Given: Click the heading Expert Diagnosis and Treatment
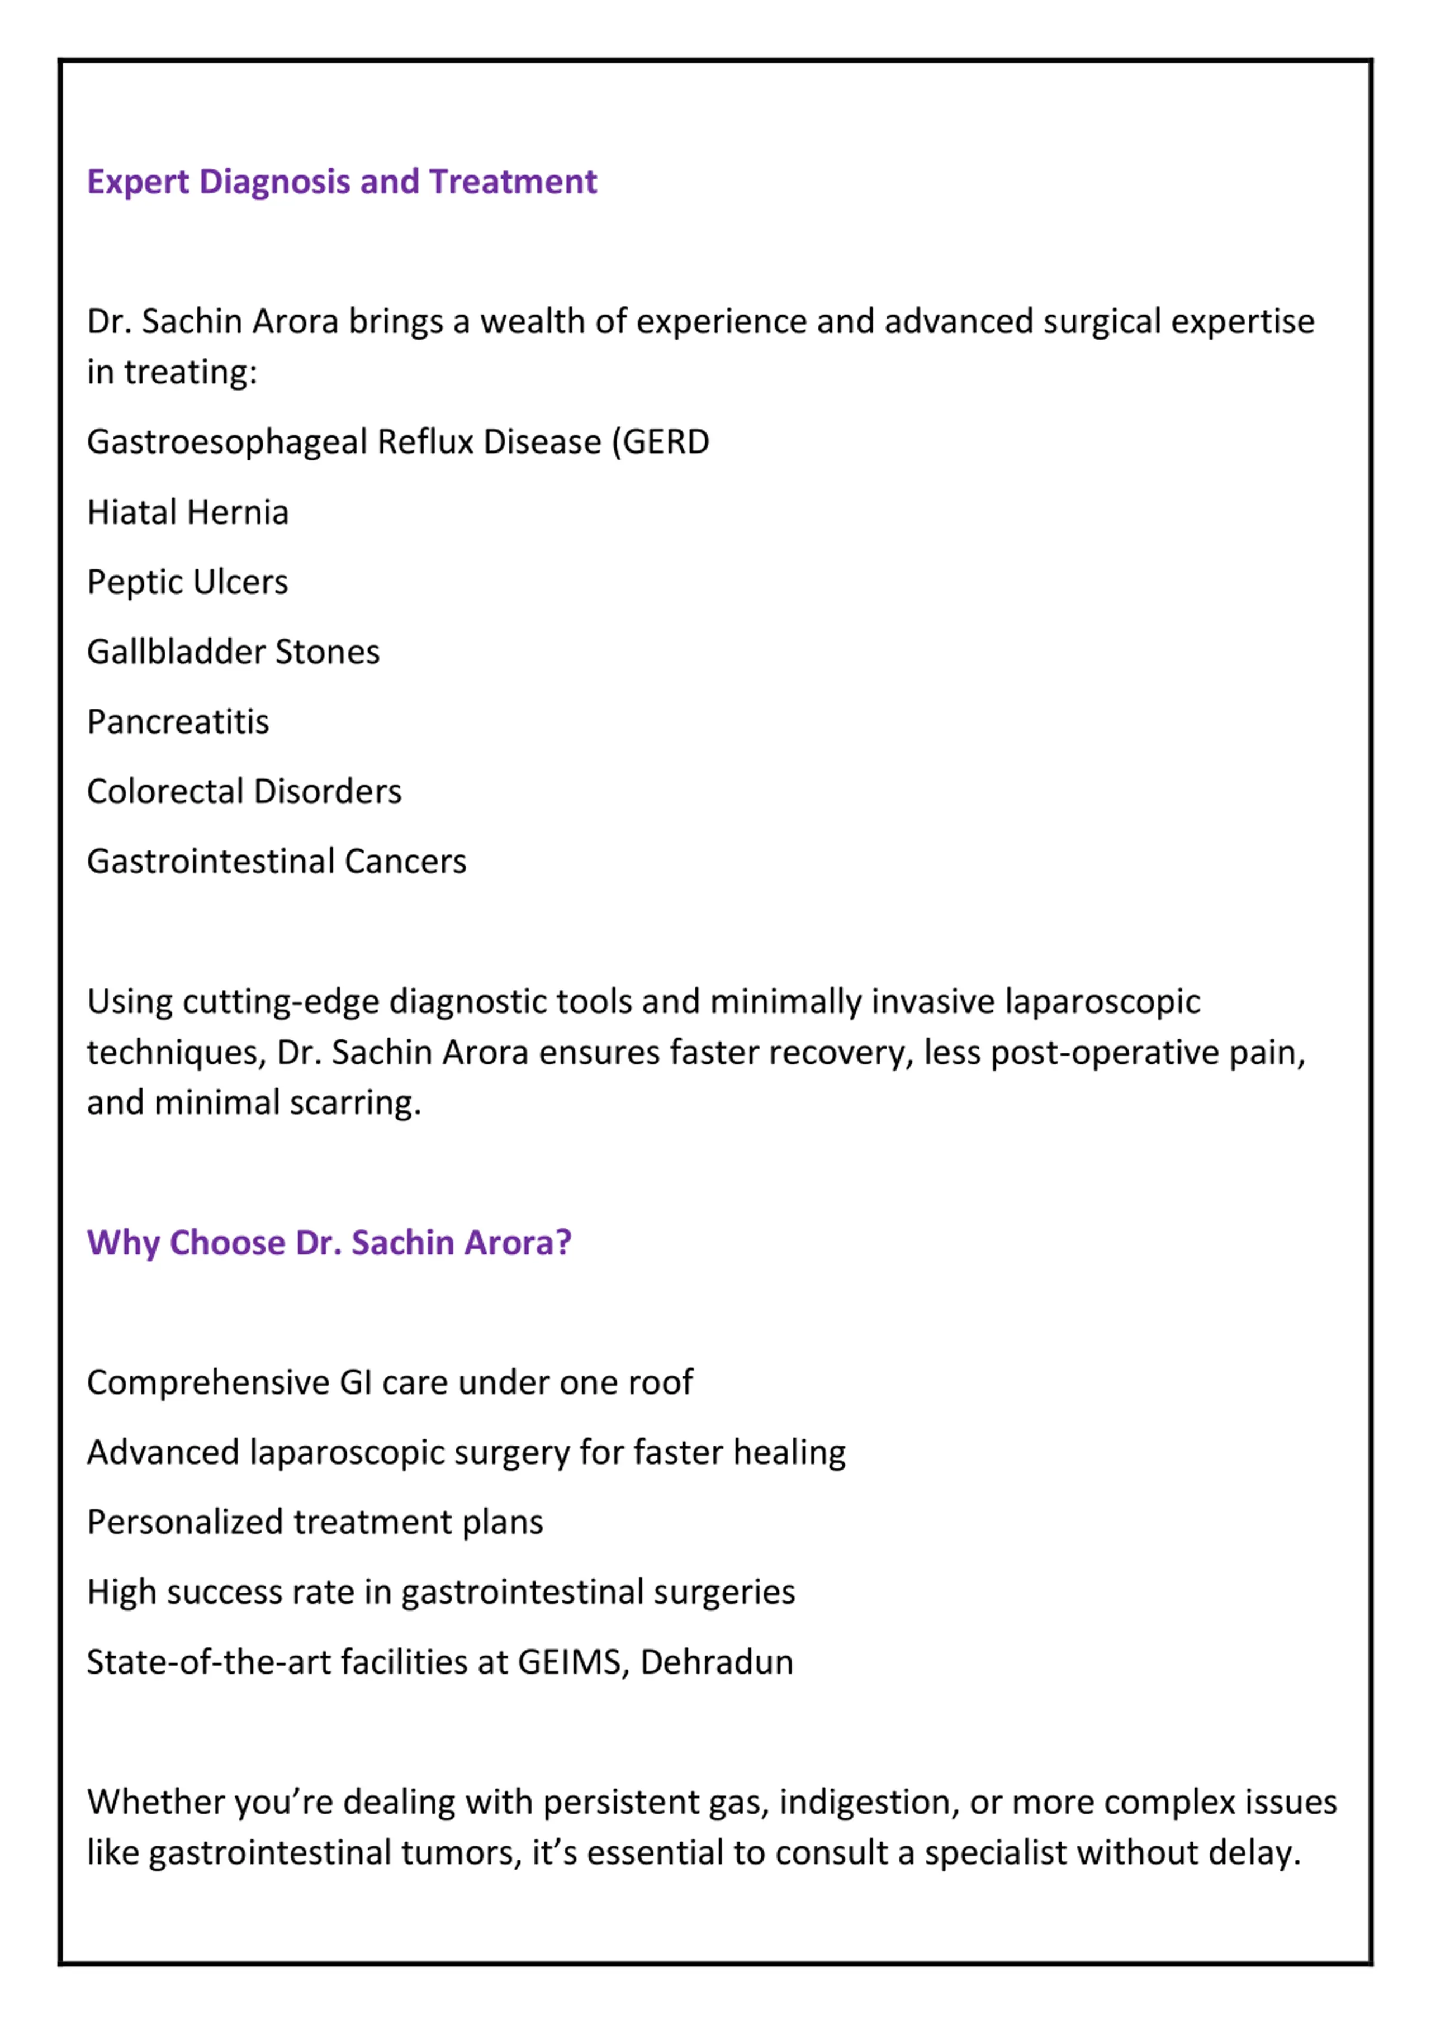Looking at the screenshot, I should coord(342,182).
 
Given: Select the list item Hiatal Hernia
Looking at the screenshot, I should coord(188,512).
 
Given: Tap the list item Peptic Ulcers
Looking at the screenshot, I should coord(187,582).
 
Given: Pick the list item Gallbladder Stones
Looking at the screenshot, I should coord(233,652).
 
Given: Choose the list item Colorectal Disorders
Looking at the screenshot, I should coord(244,792).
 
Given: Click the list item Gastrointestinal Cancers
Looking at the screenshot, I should coord(276,862).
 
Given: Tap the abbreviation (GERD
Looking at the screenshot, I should coord(661,442).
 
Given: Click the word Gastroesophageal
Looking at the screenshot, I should coord(227,443).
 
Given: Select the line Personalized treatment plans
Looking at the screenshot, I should coord(315,1522).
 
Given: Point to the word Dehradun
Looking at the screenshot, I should coord(717,1662).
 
